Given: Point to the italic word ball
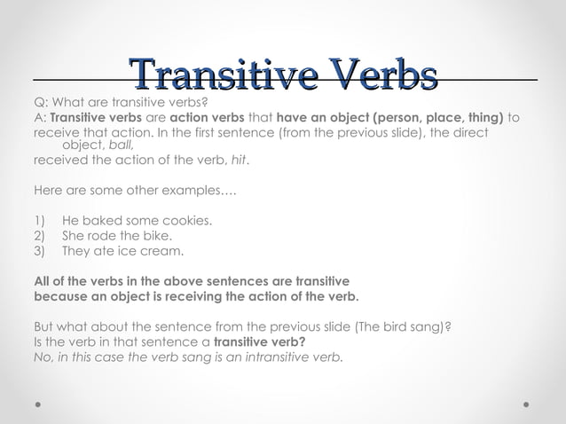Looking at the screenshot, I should [121, 145].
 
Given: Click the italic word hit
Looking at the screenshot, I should [240, 161].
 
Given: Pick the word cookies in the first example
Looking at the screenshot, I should [186, 220].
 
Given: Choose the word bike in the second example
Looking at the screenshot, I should [156, 235].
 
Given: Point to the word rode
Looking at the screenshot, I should [107, 235].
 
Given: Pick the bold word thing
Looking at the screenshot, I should [483, 117].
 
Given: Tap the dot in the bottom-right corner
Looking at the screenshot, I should [526, 404].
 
